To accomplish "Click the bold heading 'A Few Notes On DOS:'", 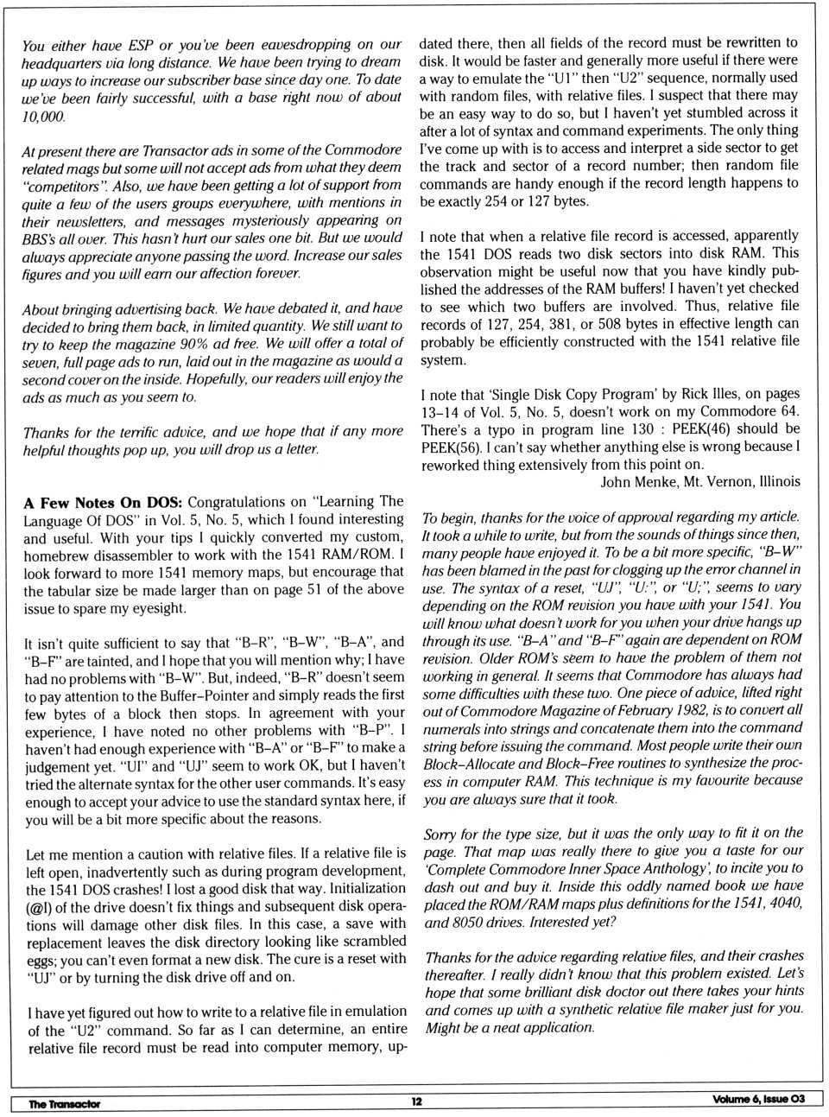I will tap(103, 503).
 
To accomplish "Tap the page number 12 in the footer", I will tap(416, 1101).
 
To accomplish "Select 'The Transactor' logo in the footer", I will tap(64, 1103).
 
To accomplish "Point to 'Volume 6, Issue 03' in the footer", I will tap(758, 1099).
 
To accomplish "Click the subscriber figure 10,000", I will tap(43, 116).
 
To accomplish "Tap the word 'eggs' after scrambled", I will tap(39, 960).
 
